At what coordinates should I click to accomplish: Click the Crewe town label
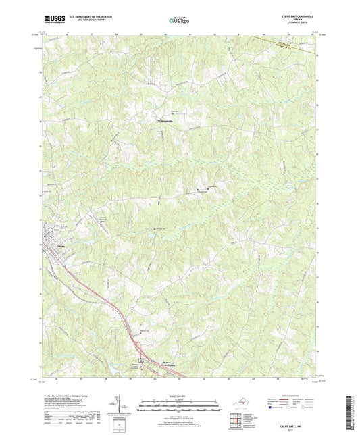click(x=51, y=247)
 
